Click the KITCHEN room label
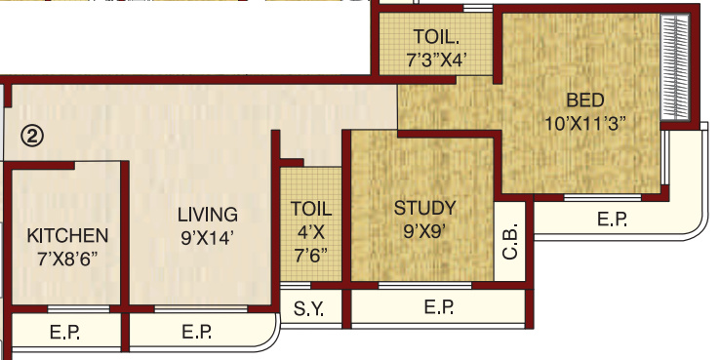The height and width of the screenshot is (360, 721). (x=66, y=236)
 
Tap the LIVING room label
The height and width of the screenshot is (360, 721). (x=207, y=215)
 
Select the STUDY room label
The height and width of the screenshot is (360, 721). (x=424, y=208)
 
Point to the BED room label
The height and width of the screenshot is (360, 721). (x=585, y=100)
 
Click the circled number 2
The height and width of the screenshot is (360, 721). (x=32, y=137)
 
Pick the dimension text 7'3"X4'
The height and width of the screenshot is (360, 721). (x=437, y=59)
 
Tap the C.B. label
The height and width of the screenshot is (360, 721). (x=510, y=240)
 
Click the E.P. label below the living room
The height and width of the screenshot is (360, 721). (x=198, y=334)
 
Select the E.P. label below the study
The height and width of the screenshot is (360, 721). (x=440, y=308)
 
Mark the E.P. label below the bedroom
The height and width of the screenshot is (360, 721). (x=612, y=220)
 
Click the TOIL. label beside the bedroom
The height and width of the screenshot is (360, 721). (x=436, y=37)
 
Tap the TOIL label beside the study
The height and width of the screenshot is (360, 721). (x=311, y=209)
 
